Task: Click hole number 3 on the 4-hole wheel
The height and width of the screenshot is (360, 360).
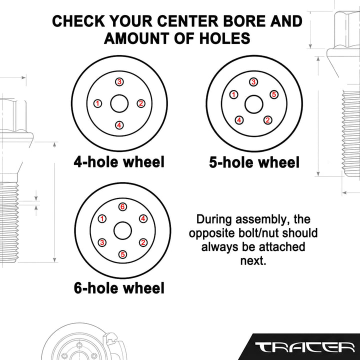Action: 119,81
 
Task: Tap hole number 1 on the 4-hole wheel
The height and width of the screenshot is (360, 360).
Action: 98,103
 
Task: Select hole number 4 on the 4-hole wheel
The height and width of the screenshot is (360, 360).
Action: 119,125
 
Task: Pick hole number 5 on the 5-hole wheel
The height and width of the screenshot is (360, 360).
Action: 274,94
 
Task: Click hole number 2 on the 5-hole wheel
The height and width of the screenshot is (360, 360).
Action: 267,120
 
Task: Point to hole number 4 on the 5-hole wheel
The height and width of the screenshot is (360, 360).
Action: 239,120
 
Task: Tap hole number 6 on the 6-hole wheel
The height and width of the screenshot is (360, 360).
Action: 122,206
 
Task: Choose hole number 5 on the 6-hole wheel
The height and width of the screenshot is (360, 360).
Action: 122,254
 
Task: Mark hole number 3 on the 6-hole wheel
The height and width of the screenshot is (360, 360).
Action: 102,242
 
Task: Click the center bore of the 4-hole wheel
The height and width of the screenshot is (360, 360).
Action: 119,103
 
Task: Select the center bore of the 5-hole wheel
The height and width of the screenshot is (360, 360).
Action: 253,104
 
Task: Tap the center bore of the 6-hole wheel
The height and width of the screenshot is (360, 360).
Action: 122,230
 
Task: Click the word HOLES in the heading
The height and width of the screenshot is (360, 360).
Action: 224,38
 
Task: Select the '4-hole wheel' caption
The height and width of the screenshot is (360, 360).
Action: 119,161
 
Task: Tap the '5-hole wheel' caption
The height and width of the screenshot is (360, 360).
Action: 254,162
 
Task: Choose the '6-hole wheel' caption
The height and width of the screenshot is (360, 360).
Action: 119,288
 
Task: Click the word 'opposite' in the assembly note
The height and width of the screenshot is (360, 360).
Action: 208,233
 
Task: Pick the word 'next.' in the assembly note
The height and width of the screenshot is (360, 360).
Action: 253,261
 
